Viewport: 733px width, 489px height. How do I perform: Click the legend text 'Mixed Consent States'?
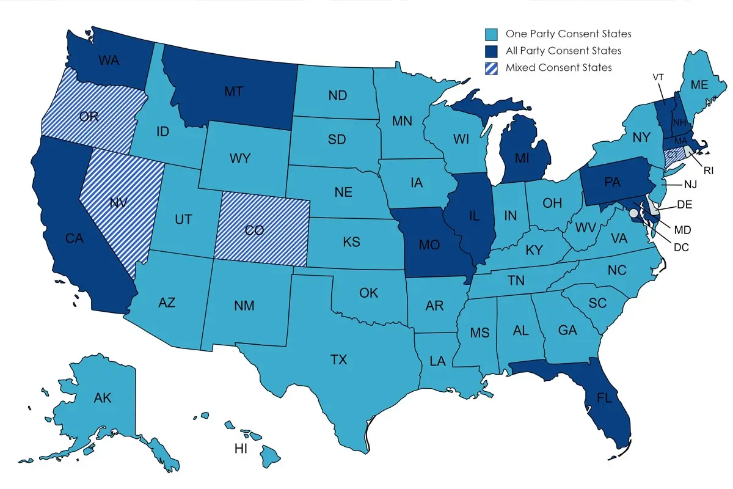pos(558,67)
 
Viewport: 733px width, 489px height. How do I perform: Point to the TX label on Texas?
pos(338,359)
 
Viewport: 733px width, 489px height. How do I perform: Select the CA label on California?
pos(74,239)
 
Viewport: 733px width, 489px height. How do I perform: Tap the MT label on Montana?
pos(233,92)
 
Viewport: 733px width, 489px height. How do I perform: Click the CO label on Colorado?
pos(254,230)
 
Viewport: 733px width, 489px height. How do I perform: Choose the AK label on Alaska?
pos(103,399)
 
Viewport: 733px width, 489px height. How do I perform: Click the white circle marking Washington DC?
pos(634,213)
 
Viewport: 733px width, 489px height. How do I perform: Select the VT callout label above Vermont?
pos(658,77)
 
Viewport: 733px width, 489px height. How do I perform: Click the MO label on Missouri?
pos(429,244)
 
